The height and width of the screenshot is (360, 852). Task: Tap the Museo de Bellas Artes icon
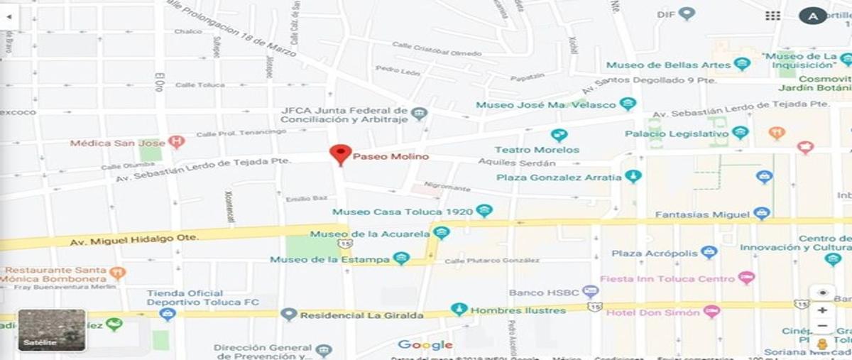tap(743, 65)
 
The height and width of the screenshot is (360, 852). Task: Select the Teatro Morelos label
tap(536, 150)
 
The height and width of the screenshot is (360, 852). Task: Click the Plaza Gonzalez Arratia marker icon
tap(633, 177)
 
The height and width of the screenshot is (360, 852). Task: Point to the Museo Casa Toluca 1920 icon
tap(484, 211)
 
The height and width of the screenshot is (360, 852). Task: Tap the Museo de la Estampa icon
tap(401, 259)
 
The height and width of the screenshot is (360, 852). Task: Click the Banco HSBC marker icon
tap(590, 292)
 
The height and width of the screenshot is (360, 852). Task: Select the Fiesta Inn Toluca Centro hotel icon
tap(745, 278)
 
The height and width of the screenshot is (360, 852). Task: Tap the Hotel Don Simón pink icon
tap(711, 312)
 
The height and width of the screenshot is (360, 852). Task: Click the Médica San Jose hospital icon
tap(177, 142)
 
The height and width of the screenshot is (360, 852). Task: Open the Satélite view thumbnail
tap(52, 330)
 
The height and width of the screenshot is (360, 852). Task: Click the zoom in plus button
tap(822, 310)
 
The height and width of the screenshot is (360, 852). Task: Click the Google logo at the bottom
tap(425, 345)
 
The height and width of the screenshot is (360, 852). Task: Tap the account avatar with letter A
tap(813, 16)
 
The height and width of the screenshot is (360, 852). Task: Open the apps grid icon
tap(772, 16)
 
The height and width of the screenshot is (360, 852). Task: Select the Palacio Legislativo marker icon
tap(741, 133)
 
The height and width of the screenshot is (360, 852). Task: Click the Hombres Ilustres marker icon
tap(459, 310)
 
